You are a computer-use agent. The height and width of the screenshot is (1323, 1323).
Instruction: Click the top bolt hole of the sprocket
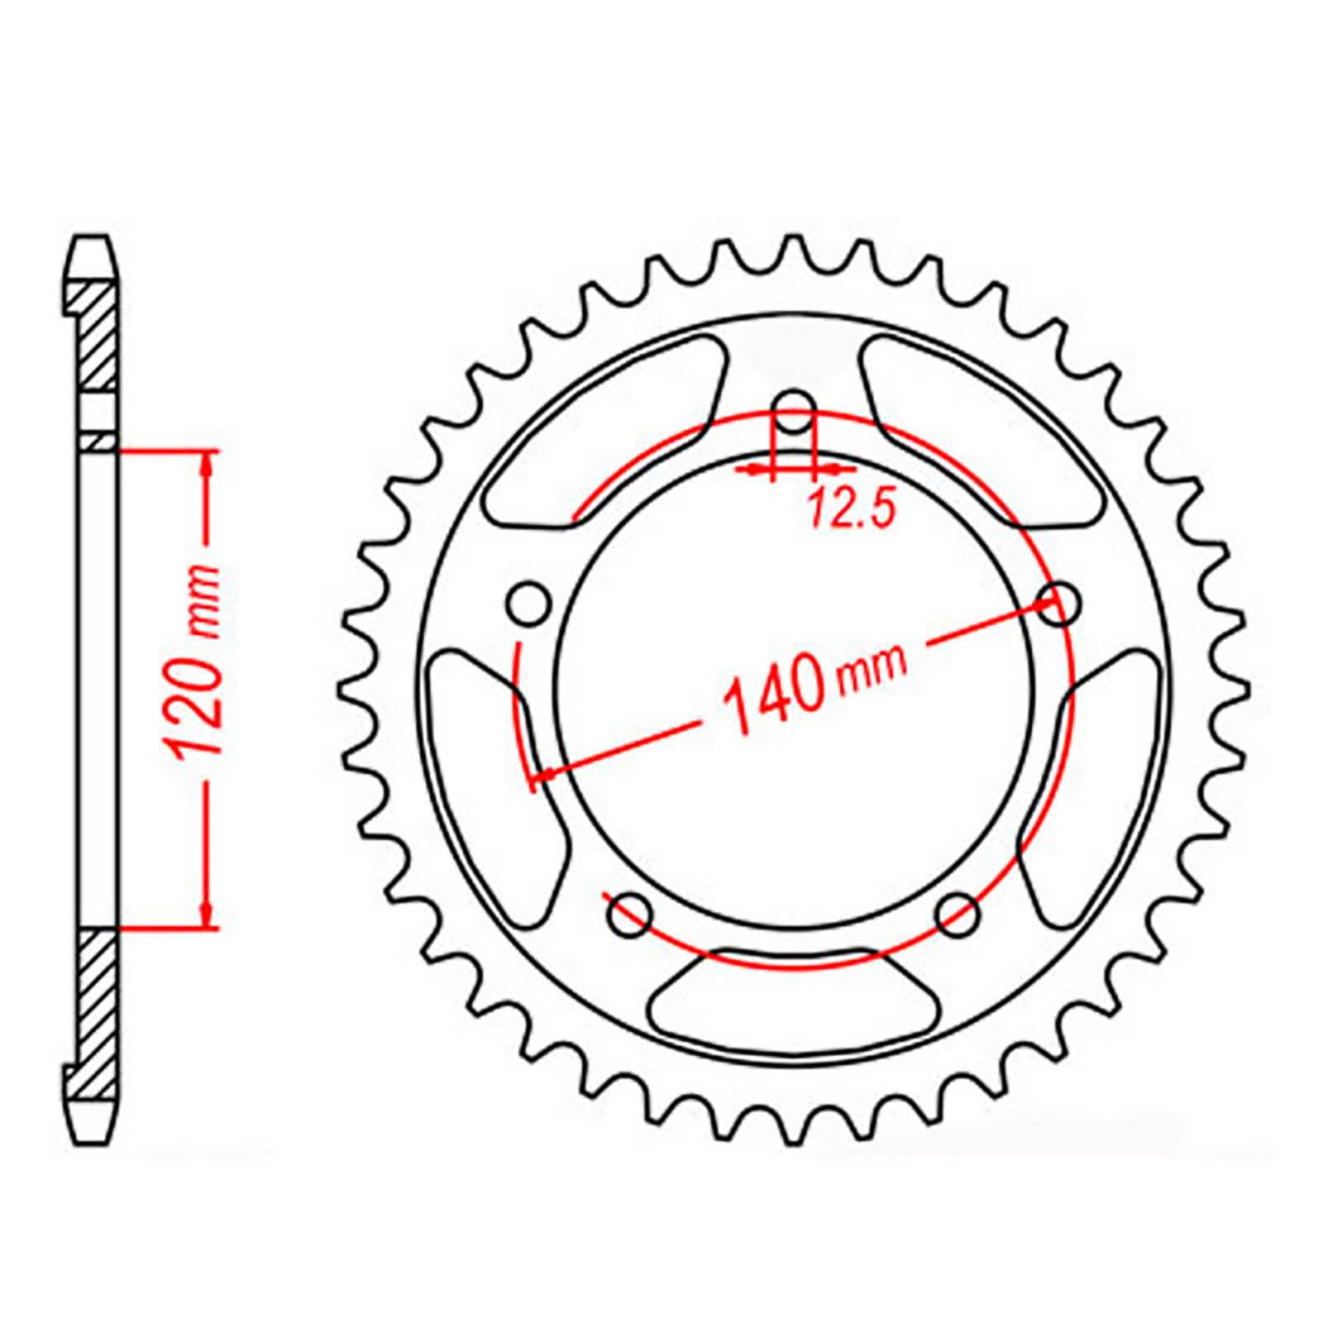tap(795, 412)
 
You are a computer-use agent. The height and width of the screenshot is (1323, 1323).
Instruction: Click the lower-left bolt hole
tap(630, 914)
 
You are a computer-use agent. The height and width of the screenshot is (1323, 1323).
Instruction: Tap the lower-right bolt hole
tap(959, 914)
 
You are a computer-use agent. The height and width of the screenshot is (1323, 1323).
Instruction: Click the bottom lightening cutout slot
tap(795, 998)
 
